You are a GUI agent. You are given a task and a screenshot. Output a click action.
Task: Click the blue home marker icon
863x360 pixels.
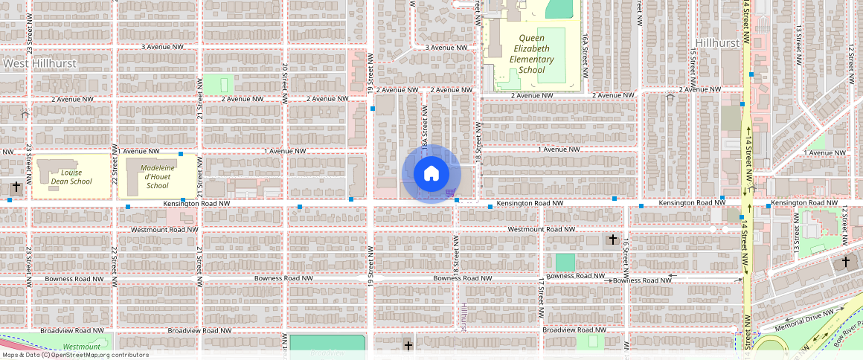(431, 174)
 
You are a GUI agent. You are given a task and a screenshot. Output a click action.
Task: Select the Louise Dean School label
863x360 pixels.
(71, 176)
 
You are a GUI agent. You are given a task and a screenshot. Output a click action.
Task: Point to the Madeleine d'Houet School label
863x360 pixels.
(158, 176)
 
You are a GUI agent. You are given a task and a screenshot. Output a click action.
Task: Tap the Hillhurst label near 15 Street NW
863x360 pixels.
(718, 43)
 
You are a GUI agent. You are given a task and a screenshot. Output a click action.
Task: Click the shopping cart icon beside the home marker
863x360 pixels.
(450, 193)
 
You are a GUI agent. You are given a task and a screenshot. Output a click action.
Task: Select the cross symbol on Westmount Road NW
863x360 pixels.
(612, 240)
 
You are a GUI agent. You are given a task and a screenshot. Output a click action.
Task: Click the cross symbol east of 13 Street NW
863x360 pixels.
(845, 261)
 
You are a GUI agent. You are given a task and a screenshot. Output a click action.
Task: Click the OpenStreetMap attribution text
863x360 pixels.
(76, 355)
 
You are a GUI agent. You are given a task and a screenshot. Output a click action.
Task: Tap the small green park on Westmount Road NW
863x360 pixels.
(565, 262)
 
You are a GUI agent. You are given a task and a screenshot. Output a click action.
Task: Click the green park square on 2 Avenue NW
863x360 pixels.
(217, 84)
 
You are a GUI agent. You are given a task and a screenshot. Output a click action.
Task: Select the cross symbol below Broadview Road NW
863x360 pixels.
(408, 345)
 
